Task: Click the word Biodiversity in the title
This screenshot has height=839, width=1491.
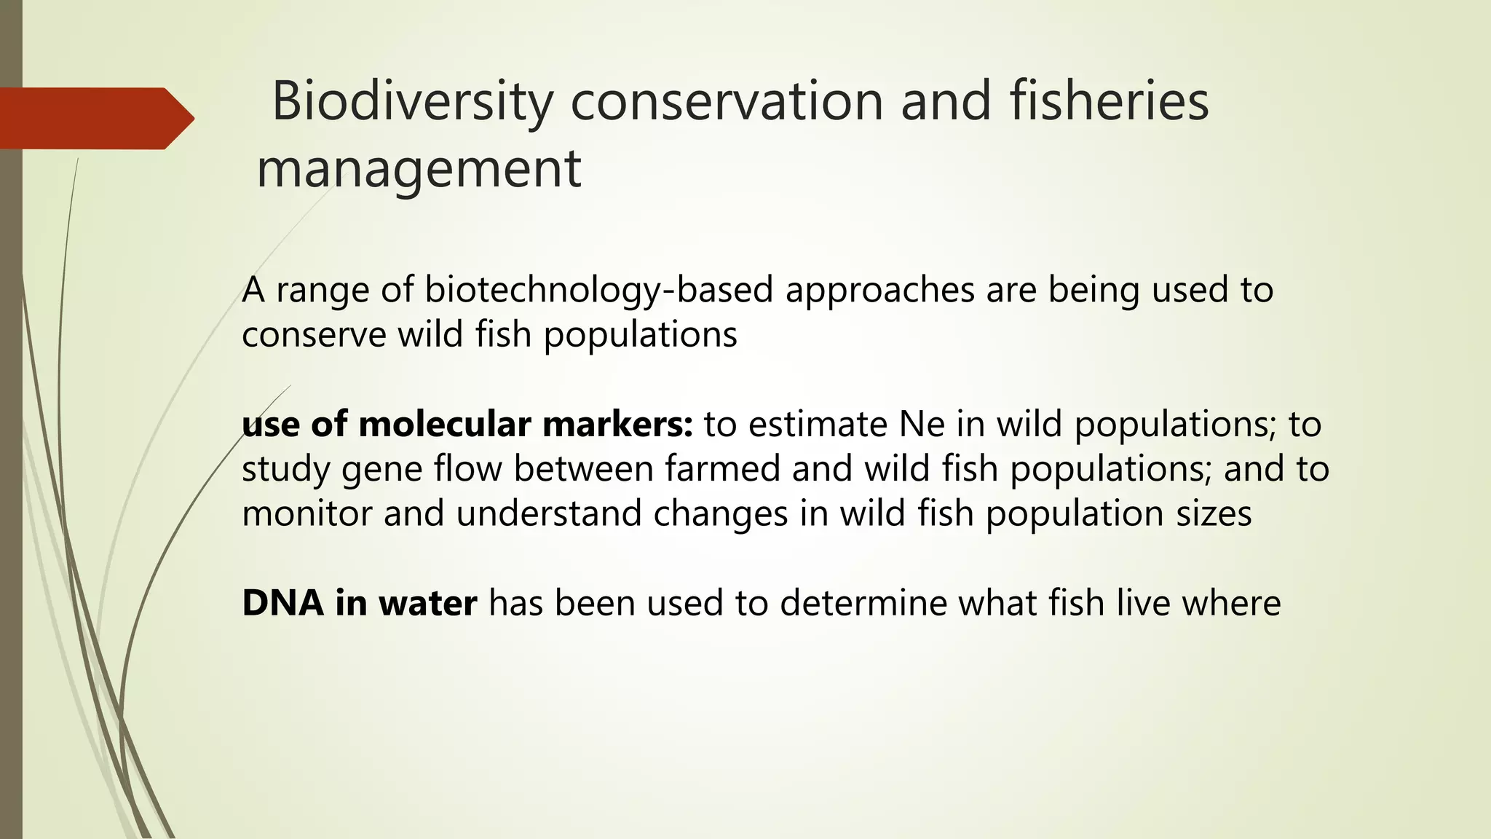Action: (x=412, y=102)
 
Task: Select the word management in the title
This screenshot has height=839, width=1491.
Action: (x=419, y=169)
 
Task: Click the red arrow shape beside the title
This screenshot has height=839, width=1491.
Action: (x=95, y=118)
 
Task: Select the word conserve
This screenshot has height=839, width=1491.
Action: (x=313, y=336)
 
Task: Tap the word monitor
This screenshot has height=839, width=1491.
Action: (x=306, y=513)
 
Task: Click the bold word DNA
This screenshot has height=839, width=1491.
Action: (x=282, y=603)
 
